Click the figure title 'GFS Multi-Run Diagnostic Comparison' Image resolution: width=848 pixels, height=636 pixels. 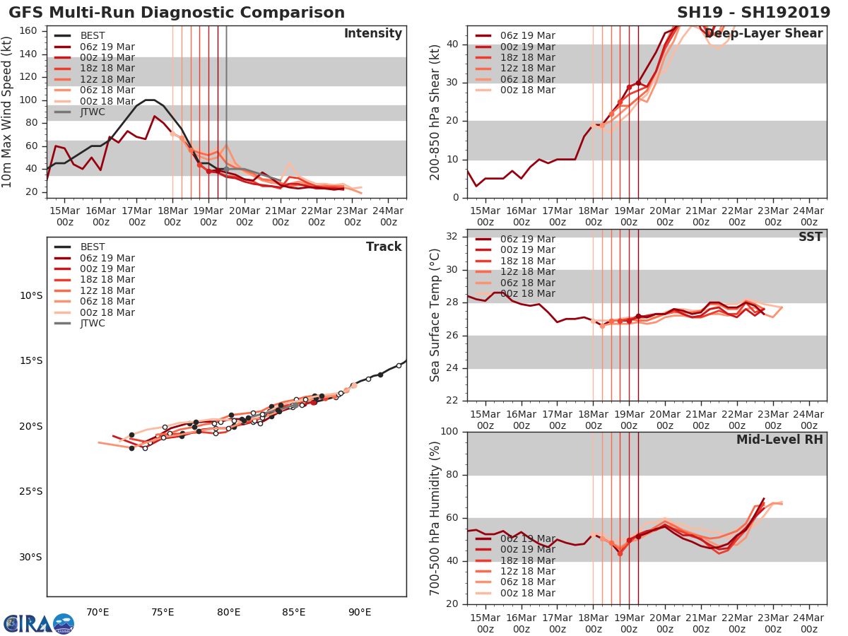177,13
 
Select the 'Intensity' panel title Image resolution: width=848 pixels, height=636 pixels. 372,34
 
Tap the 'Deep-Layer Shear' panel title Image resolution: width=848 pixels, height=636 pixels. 764,34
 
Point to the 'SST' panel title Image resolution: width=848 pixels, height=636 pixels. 811,237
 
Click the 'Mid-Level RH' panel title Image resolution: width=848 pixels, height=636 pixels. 779,440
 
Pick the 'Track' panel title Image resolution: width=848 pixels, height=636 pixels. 384,247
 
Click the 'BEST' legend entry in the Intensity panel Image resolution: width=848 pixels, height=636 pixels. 93,36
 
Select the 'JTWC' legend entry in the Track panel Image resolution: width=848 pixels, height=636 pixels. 93,324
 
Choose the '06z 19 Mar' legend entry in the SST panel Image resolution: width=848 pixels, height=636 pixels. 526,239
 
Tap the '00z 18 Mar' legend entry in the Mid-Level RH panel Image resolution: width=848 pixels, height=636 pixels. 526,593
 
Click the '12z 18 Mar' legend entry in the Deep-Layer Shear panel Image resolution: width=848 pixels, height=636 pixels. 526,69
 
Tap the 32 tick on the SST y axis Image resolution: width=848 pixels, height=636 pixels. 455,237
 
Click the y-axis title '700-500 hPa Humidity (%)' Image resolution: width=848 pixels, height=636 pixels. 436,517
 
